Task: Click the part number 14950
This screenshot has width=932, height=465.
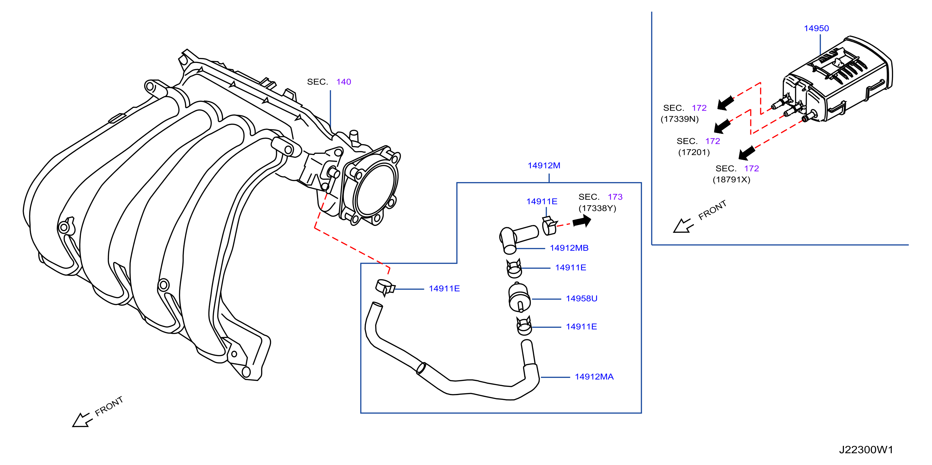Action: [816, 28]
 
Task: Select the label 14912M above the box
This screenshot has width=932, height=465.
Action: [544, 165]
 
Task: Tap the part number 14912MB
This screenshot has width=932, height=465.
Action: [569, 248]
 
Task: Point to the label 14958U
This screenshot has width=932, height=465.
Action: [581, 299]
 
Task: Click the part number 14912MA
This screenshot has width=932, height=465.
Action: [594, 377]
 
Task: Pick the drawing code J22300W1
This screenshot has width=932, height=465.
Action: [866, 450]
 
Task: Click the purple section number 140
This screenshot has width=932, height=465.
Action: [344, 82]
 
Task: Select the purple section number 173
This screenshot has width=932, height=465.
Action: [615, 197]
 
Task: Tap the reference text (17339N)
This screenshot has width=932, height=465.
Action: [679, 119]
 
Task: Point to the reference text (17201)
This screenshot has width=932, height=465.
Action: [694, 152]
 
